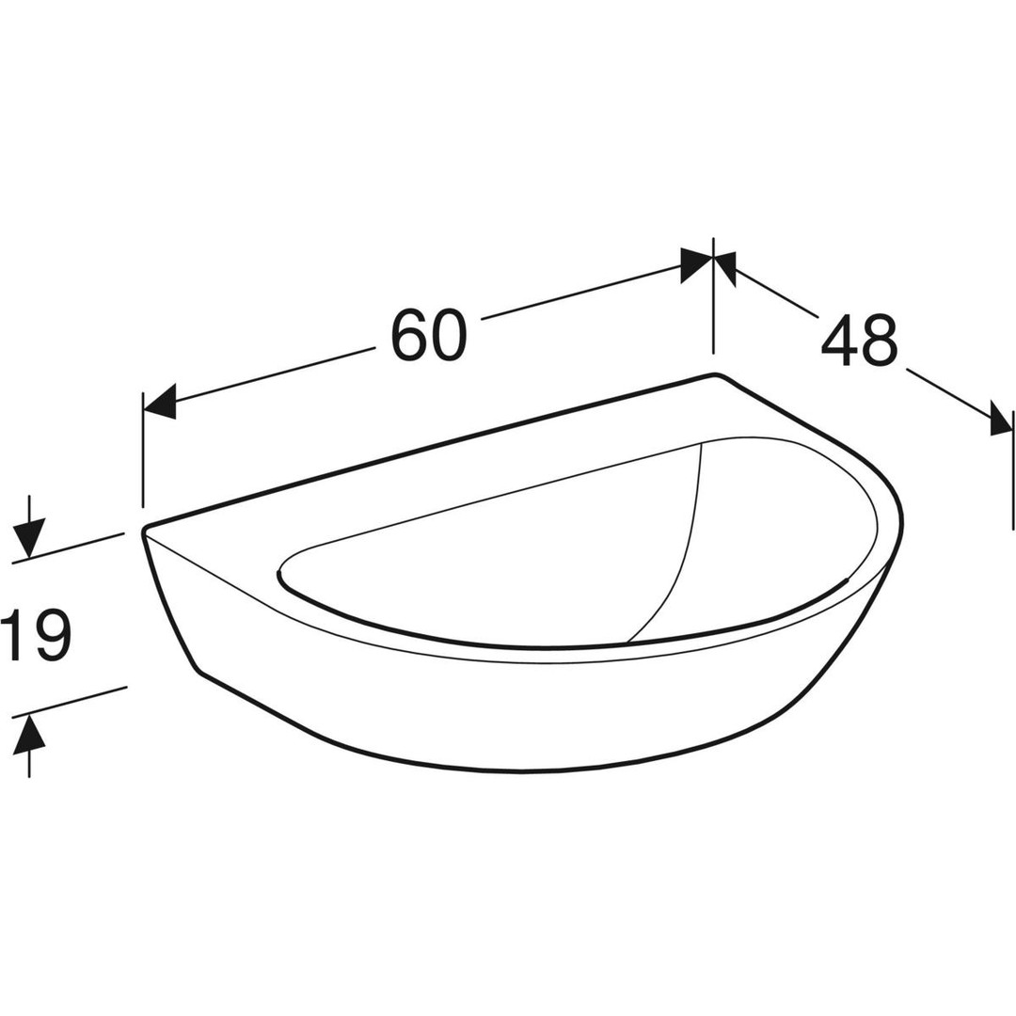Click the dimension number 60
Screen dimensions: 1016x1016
coord(429,335)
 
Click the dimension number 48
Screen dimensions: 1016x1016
coord(859,341)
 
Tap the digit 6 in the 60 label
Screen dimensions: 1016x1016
coord(409,335)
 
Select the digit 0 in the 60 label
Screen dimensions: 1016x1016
coord(449,335)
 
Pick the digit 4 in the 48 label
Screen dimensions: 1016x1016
coord(840,341)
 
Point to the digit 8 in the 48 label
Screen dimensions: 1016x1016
coord(880,341)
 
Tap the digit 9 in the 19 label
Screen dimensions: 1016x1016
coord(51,636)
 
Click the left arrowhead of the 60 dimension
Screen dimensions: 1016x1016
coord(159,402)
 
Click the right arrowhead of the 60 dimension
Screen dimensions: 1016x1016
coord(696,264)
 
